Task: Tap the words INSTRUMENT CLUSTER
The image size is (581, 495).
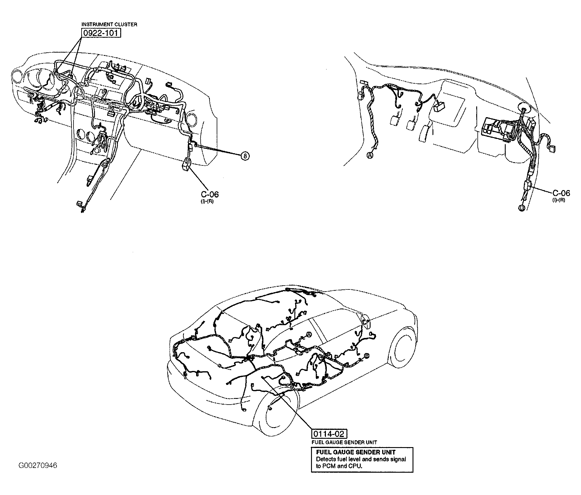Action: pyautogui.click(x=109, y=24)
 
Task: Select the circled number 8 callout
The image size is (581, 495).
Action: pyautogui.click(x=245, y=156)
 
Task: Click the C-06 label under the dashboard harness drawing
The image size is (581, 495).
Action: pyautogui.click(x=210, y=194)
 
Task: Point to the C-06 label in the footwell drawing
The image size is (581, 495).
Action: pyautogui.click(x=561, y=193)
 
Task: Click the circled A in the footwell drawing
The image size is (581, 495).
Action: pyautogui.click(x=370, y=155)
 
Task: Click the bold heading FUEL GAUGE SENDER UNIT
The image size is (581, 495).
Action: pyautogui.click(x=356, y=452)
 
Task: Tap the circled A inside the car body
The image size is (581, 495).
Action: pyautogui.click(x=309, y=335)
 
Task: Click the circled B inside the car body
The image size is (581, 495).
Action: pyautogui.click(x=367, y=355)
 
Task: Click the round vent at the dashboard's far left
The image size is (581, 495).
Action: pyautogui.click(x=17, y=77)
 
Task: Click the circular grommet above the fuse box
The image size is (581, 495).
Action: pyautogui.click(x=524, y=108)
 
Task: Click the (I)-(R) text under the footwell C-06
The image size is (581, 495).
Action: pyautogui.click(x=558, y=200)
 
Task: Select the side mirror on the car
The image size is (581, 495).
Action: pyautogui.click(x=365, y=322)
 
